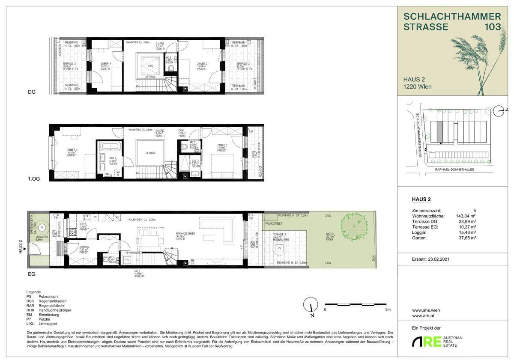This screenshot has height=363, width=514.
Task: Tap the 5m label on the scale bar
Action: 388,309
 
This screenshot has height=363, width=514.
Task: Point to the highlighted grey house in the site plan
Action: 439,132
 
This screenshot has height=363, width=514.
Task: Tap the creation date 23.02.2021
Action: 436,259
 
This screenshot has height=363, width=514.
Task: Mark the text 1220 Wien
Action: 417,86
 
